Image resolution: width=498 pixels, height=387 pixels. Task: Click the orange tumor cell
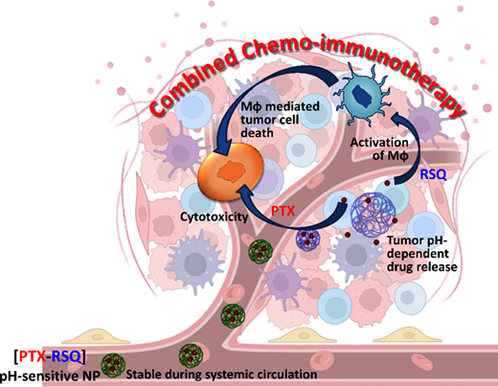tap(231, 171)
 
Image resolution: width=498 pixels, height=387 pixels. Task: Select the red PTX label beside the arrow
tap(283, 211)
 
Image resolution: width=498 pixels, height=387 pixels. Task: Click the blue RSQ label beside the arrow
tap(433, 174)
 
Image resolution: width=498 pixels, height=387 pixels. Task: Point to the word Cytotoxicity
tap(215, 217)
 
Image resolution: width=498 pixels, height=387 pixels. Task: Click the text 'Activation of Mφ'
tap(379, 149)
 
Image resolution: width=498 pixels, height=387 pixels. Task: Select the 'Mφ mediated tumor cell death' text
tap(280, 119)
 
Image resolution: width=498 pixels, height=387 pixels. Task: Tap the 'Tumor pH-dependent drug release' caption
tap(422, 254)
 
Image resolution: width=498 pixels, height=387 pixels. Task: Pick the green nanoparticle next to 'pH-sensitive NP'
tap(113, 365)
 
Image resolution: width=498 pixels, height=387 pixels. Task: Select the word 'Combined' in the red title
tap(195, 83)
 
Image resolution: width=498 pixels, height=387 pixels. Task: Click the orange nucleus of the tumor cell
tap(231, 171)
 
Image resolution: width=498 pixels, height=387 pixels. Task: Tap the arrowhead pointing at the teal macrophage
tap(396, 120)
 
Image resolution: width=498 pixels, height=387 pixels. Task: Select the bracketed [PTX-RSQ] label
tap(50, 356)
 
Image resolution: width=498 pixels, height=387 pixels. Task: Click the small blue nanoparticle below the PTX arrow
tap(307, 239)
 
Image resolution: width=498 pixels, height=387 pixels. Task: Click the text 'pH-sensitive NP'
tap(50, 376)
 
